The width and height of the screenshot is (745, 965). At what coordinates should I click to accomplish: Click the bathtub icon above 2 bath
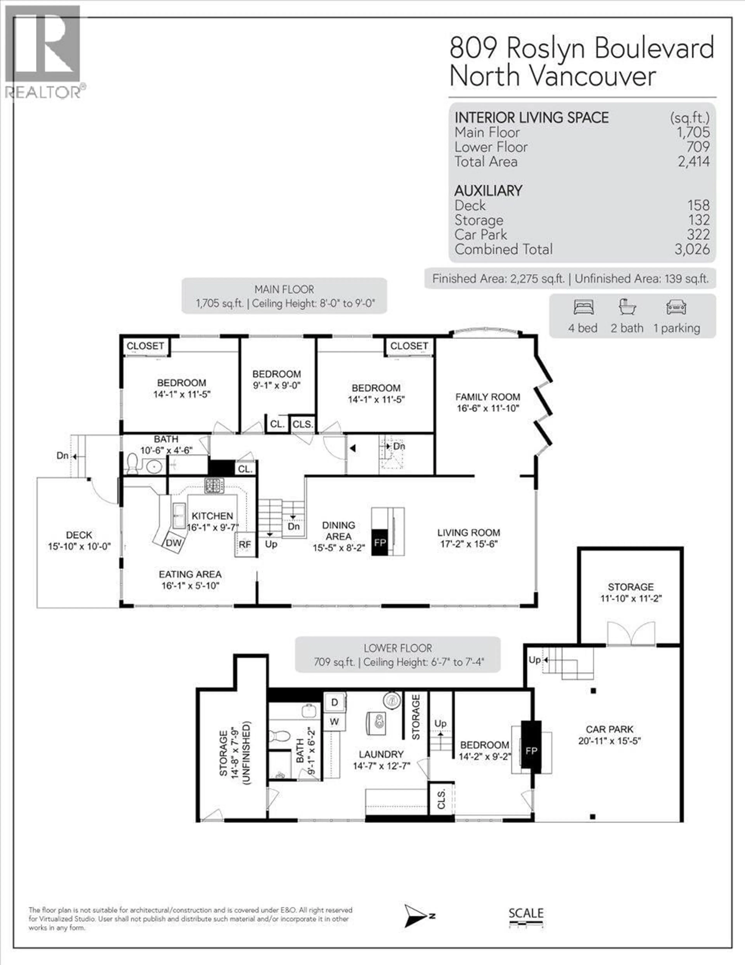point(627,307)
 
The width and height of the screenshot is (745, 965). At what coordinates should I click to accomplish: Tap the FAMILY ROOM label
point(488,397)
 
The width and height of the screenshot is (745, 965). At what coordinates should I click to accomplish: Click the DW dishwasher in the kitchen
point(174,543)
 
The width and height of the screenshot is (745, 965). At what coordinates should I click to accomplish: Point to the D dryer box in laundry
point(334,702)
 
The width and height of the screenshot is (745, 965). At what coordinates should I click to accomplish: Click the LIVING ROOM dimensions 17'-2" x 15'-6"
point(469,544)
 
